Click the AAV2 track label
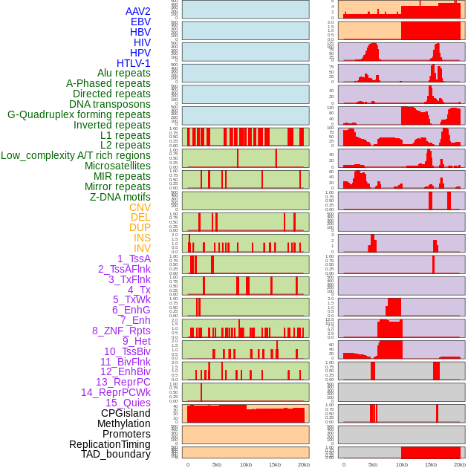pos(137,11)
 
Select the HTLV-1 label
pos(133,63)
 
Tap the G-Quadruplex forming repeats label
pos(79,114)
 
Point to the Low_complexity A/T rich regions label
pos(76,155)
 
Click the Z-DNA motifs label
pos(120,197)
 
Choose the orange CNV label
pos(140,207)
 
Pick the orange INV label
pos(142,248)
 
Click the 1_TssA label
pos(134,259)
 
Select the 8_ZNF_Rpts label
pos(121,331)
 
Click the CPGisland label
pos(126,413)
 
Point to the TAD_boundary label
pos(115,454)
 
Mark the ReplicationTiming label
pos(109,444)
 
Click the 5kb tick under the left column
pos(217,464)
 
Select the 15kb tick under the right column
pos(431,464)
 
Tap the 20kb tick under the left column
pos(303,464)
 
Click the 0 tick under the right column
pos(344,464)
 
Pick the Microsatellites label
pos(117,166)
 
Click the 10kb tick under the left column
pos(245,464)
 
